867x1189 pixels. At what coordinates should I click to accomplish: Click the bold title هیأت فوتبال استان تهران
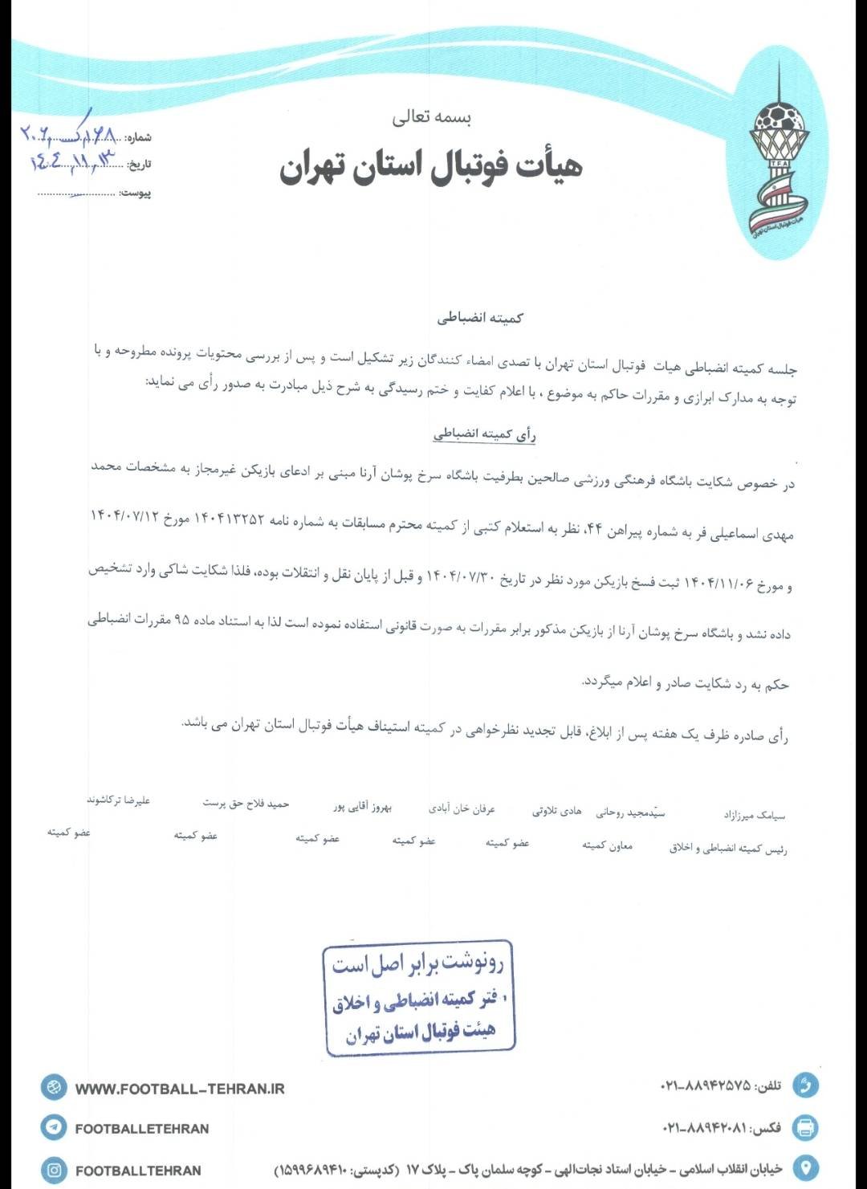point(431,166)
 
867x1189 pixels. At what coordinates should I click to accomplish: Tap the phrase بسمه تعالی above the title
point(431,117)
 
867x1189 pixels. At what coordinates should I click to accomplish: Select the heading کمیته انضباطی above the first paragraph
point(480,318)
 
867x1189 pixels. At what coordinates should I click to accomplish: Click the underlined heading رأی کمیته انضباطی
point(484,434)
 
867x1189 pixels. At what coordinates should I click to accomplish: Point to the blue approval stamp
point(418,996)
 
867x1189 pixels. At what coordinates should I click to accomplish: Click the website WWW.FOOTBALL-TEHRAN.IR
point(180,1089)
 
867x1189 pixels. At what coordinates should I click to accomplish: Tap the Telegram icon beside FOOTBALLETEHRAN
point(54,1127)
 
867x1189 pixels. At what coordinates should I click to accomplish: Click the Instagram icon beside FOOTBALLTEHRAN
point(54,1170)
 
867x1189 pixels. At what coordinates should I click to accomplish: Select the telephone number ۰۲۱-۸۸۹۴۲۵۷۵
point(706,1085)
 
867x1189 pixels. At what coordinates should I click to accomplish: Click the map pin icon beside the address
point(805,1167)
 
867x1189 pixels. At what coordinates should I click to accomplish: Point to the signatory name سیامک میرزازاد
point(754,815)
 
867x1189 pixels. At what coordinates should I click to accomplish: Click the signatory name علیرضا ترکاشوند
point(119,800)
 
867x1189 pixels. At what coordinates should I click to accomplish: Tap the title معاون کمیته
point(607,845)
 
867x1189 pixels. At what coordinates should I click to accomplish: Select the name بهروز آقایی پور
point(363,806)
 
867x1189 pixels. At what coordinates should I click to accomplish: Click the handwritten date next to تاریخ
point(74,161)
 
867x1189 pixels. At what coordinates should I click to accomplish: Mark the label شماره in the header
point(139,137)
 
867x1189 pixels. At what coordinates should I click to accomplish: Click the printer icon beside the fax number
point(805,1127)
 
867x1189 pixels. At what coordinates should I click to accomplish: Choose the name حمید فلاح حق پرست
point(246,803)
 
